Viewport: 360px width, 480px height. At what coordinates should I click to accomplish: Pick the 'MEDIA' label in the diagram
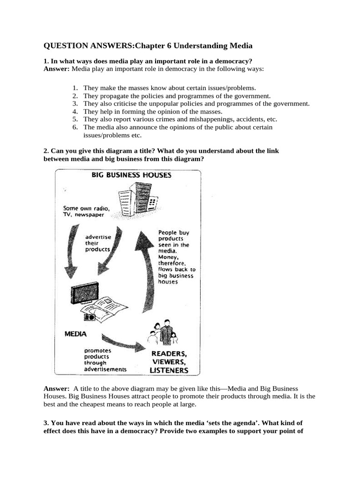coord(75,334)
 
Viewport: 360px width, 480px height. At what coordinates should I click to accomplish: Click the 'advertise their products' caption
coord(98,243)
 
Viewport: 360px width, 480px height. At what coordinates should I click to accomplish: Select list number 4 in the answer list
coord(75,112)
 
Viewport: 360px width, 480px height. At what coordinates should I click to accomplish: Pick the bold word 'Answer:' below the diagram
coord(56,389)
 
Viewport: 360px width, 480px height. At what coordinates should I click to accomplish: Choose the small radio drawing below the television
coord(89,317)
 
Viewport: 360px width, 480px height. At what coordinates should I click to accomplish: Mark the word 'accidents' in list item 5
coord(231,119)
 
